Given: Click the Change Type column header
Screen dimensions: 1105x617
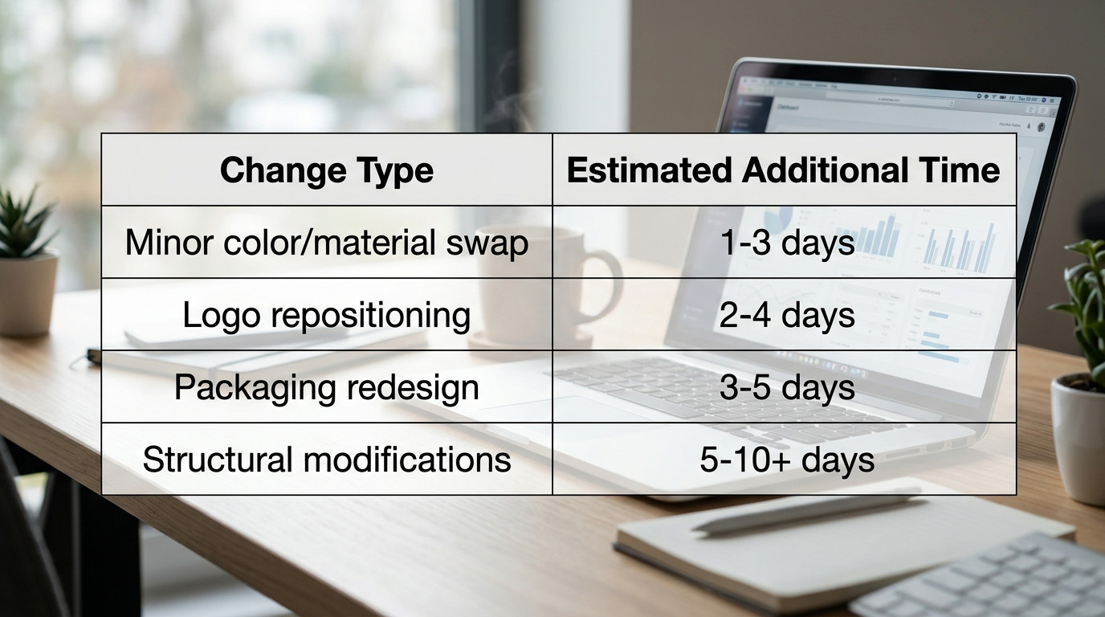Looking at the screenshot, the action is [x=327, y=170].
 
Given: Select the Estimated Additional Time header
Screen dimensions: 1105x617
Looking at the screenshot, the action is [x=783, y=170].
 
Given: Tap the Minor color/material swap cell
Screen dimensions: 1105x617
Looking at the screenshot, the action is [x=327, y=243].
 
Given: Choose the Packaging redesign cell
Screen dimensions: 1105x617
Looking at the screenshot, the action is [x=327, y=387].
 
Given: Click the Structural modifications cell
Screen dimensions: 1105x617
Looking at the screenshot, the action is [x=327, y=460].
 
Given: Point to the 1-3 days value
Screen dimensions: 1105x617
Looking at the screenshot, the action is [x=787, y=243].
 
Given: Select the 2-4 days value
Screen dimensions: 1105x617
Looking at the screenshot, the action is [x=787, y=315].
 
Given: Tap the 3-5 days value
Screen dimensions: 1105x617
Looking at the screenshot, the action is [x=787, y=387].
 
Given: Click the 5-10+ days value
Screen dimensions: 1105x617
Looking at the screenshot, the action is [x=787, y=460].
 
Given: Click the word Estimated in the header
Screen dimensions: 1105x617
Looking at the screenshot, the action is [x=649, y=170].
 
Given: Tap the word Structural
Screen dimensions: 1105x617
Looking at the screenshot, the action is [x=218, y=460].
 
